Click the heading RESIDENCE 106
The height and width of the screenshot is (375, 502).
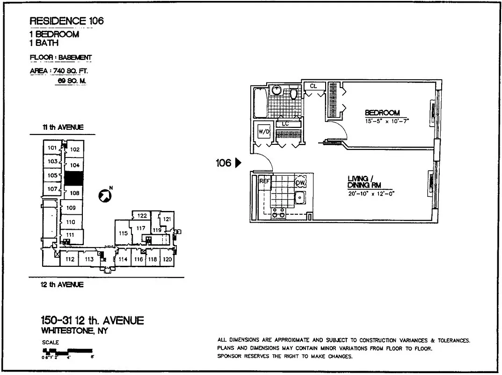coord(66,21)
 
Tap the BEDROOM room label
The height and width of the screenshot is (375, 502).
coord(382,112)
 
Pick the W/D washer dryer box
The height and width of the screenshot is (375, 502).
coord(264,132)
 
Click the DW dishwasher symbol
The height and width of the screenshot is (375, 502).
coord(300,182)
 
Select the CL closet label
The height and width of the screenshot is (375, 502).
coord(313,86)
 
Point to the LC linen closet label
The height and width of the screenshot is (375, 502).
coord(285,124)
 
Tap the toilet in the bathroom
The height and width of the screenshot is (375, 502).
coord(294,94)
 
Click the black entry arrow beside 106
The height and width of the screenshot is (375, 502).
coord(238,163)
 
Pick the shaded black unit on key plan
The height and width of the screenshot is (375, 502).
coord(73,179)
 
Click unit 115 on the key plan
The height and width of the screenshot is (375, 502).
coord(123,233)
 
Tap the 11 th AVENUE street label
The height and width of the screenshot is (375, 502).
coord(62,127)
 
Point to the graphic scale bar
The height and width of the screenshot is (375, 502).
coord(67,350)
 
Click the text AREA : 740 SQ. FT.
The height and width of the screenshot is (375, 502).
coord(59,71)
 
